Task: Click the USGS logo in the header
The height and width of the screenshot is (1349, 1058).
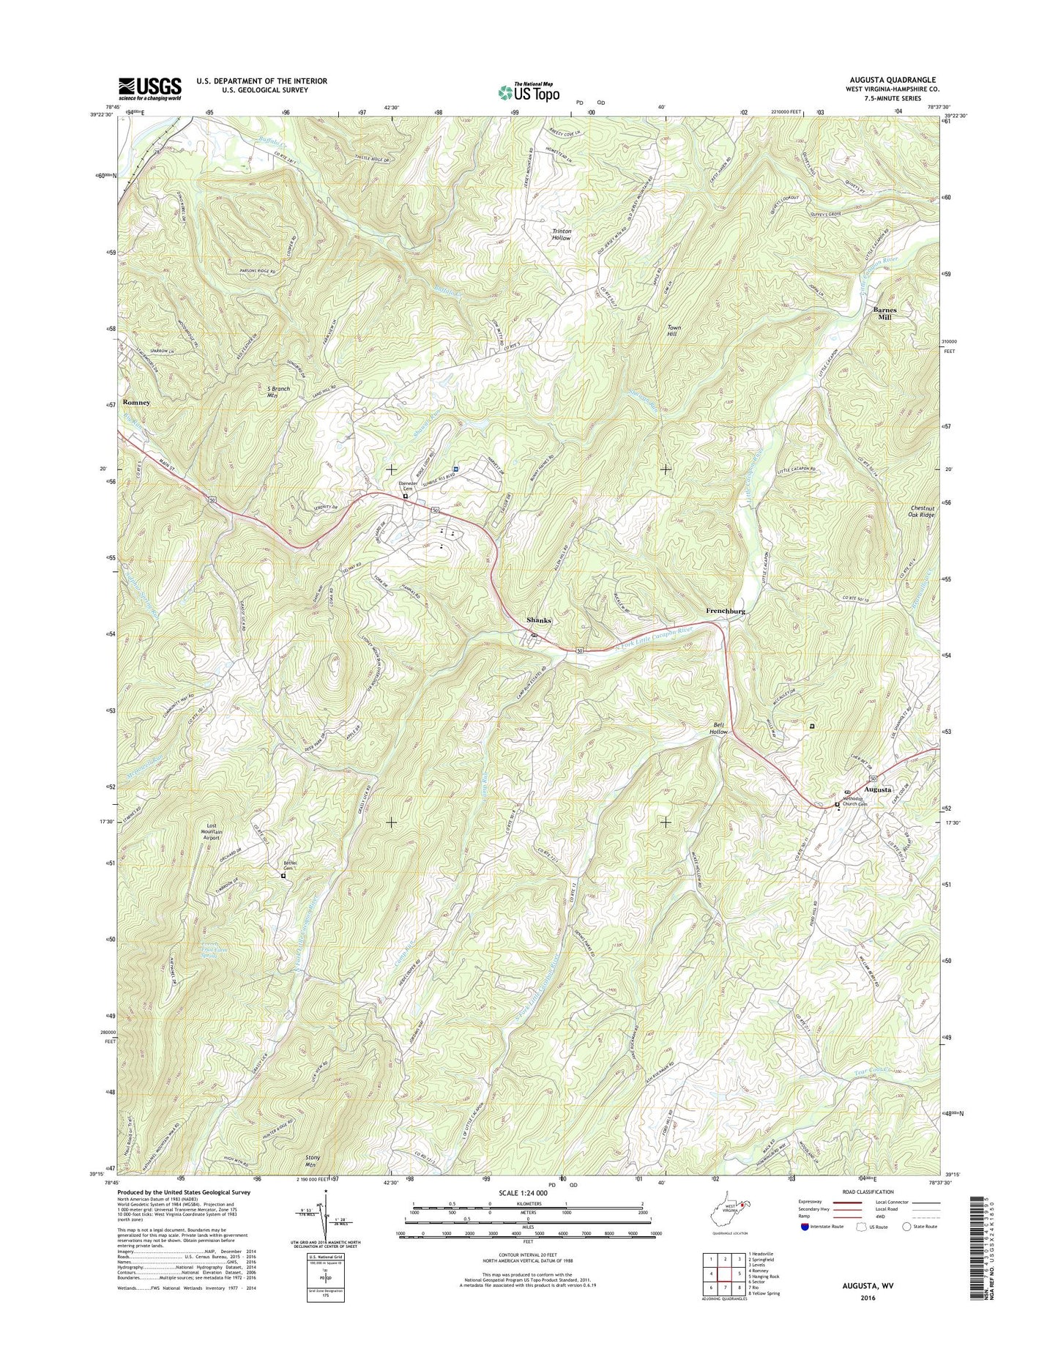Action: click(150, 89)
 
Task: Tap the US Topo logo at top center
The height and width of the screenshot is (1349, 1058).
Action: click(529, 92)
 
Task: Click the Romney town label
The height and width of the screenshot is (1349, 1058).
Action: click(137, 403)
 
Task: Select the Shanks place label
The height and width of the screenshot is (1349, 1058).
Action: click(539, 620)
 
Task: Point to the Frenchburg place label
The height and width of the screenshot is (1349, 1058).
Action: click(726, 610)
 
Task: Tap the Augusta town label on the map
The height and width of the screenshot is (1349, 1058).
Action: click(878, 789)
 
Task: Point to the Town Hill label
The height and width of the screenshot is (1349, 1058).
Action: click(671, 330)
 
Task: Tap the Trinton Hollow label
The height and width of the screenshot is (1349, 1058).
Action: click(562, 234)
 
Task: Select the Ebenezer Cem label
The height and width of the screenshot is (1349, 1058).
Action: click(408, 486)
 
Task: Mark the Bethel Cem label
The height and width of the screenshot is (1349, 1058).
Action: click(291, 866)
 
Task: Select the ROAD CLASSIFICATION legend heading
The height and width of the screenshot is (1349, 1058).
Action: click(867, 1212)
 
